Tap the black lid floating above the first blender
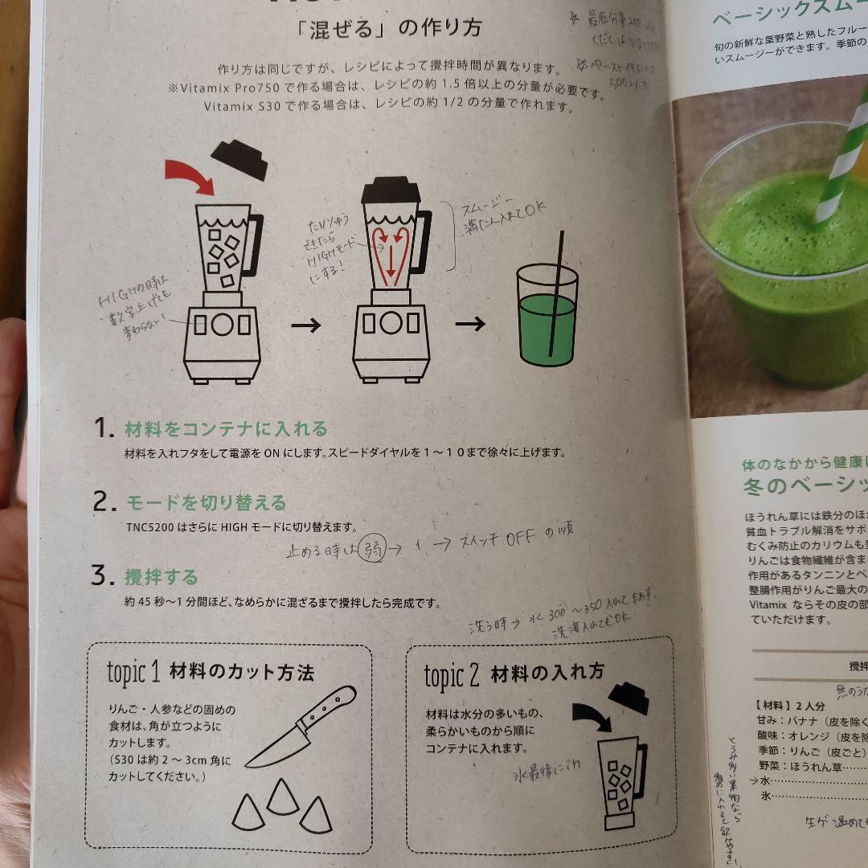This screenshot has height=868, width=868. point(240,159)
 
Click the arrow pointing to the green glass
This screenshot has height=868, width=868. point(470,324)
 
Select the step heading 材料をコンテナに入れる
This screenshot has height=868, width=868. point(226,428)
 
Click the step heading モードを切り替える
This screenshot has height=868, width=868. point(206,503)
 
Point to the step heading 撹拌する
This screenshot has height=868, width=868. point(161,576)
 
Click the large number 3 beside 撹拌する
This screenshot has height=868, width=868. point(99,576)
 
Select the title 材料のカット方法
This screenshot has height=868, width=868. point(241,673)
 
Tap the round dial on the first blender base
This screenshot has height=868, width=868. point(221,323)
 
